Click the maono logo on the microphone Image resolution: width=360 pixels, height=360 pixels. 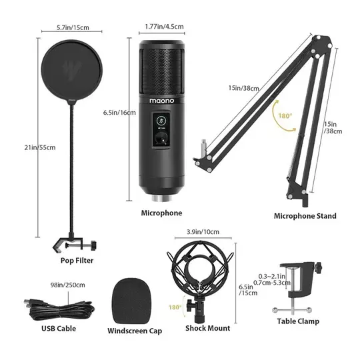161,101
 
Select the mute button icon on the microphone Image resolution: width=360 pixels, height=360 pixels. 161,121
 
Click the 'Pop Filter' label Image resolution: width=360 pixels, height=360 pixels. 77,261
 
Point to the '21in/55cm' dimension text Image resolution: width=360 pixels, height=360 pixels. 40,147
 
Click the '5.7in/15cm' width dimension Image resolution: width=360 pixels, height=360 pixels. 73,27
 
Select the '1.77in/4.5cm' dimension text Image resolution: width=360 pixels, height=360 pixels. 165,27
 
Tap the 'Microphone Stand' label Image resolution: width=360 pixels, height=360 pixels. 305,216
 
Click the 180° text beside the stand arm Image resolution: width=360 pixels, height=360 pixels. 285,116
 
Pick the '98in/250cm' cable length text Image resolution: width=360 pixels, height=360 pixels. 68,285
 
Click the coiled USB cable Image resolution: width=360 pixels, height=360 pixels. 59,309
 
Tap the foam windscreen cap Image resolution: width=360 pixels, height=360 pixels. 131,301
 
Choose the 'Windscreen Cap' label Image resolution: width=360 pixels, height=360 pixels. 135,331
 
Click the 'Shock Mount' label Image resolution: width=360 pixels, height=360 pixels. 208,328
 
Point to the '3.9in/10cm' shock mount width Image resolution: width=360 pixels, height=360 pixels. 203,232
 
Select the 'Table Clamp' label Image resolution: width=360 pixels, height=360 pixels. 298,321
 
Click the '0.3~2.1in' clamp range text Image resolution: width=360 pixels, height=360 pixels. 272,276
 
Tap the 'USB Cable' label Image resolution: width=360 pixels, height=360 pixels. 59,329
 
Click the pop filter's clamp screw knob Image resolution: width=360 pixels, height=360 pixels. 93,245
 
